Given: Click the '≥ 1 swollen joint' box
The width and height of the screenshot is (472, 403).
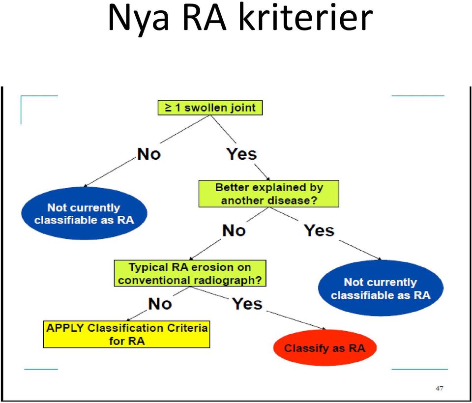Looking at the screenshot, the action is click(210, 108).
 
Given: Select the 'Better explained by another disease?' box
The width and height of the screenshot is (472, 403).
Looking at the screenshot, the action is click(269, 194).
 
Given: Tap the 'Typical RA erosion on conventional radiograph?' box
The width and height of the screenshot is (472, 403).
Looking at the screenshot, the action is click(190, 273).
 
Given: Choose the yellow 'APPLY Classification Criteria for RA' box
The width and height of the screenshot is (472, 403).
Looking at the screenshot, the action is click(127, 334).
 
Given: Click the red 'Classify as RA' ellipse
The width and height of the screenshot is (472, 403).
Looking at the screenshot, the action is click(325, 348).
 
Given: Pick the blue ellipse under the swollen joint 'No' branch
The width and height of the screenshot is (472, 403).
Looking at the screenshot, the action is click(84, 213).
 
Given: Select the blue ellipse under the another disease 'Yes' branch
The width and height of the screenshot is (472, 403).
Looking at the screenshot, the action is click(381, 288).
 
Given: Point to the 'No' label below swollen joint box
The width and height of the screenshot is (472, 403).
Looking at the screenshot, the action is click(149, 154).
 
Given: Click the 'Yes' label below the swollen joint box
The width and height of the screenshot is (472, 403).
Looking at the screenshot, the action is click(242, 154).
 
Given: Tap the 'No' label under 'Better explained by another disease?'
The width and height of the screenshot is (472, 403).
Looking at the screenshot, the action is click(234, 231).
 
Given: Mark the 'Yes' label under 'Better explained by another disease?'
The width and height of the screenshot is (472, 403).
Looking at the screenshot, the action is click(320, 231).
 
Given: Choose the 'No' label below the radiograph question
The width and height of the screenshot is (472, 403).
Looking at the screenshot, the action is click(160, 304).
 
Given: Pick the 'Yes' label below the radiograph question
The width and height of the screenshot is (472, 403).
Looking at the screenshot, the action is click(247, 304).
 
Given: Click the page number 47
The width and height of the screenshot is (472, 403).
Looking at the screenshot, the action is click(440, 388).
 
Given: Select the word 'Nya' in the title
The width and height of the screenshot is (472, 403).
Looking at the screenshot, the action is click(138, 21).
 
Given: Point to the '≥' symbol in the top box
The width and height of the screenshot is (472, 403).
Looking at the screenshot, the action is click(169, 108).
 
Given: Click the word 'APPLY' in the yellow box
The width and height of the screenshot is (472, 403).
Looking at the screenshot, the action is click(65, 328).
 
